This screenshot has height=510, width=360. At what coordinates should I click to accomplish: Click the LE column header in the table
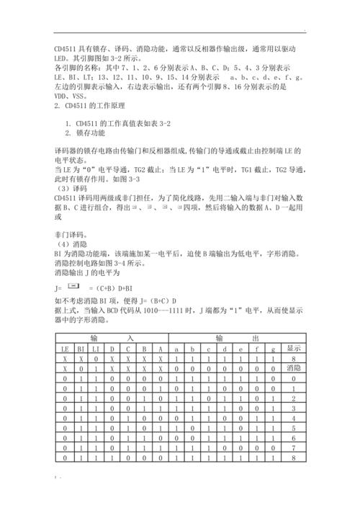click(x=63, y=348)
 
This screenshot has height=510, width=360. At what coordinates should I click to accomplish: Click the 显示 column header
click(x=293, y=348)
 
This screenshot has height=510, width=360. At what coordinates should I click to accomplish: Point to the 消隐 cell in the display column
click(x=293, y=368)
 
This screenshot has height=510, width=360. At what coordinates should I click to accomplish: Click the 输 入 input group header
click(x=112, y=338)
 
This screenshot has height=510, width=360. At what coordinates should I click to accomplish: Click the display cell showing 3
click(x=293, y=408)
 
